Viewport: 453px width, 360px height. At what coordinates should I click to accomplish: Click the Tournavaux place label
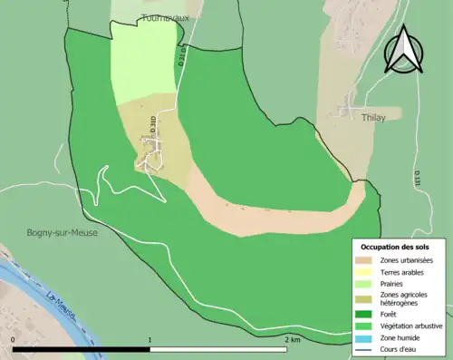163,17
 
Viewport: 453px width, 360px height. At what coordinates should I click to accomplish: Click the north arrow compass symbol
403,50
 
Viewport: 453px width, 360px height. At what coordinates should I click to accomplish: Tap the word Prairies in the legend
395,283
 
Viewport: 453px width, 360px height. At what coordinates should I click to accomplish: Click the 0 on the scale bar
14,339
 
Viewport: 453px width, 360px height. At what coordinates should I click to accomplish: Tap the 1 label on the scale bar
149,339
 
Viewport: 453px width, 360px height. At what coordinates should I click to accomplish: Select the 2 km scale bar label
292,339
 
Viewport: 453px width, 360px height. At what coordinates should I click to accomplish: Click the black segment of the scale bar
82,349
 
